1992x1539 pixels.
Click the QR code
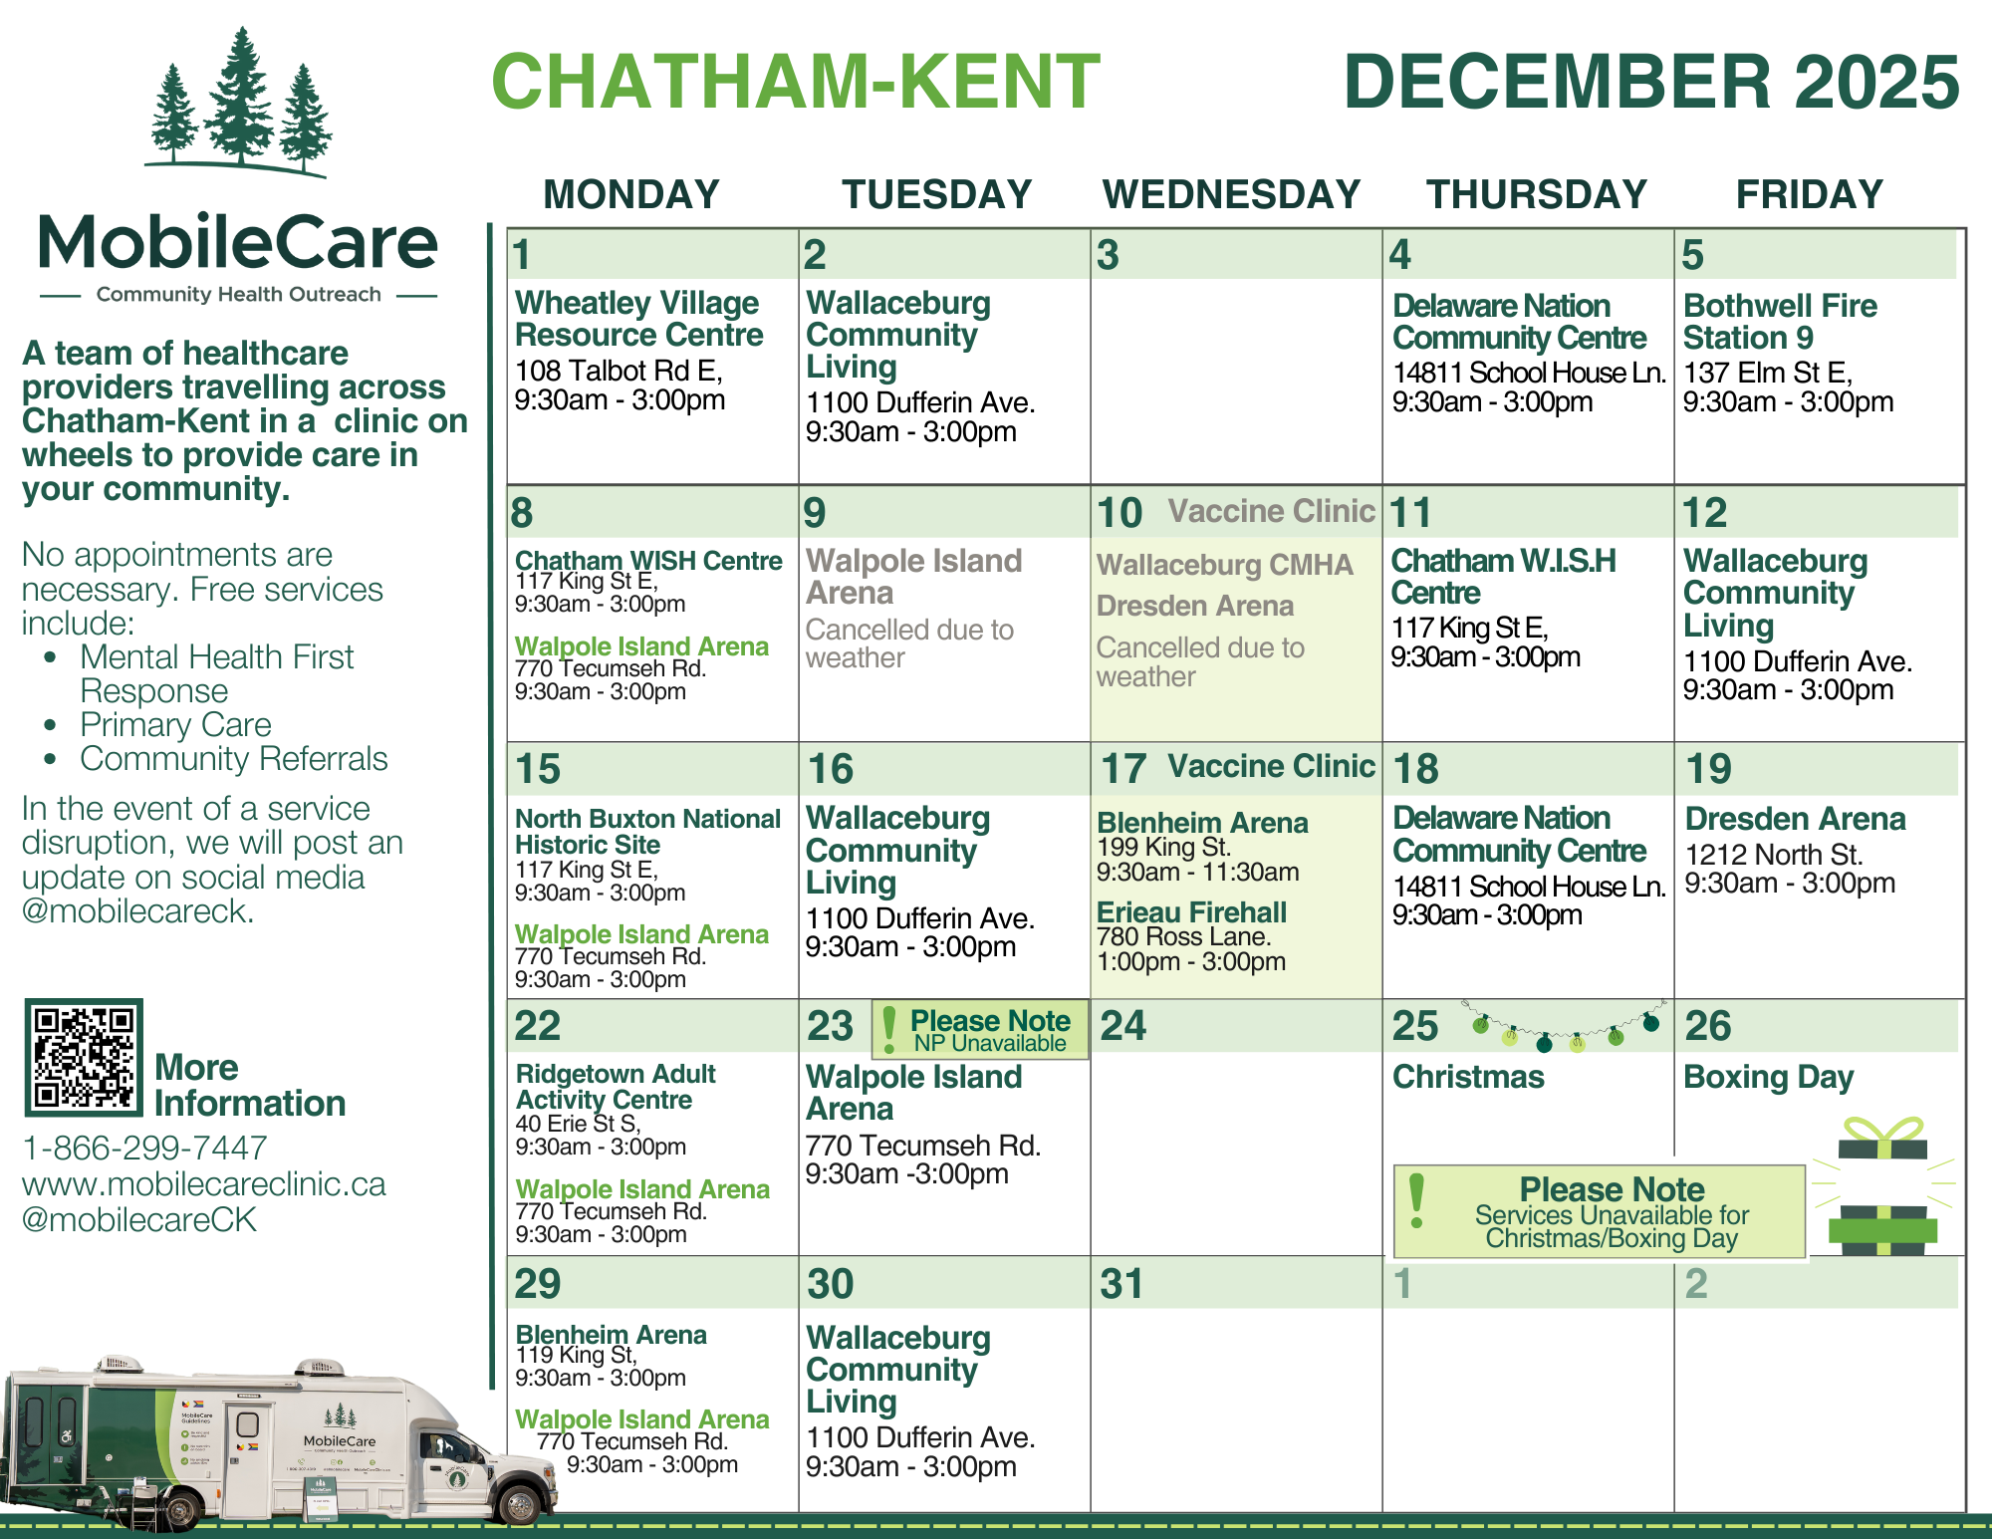coord(84,1058)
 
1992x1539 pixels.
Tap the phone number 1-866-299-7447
coord(144,1148)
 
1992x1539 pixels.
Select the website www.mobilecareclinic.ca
coord(203,1183)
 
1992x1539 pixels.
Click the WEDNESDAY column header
coord(1231,194)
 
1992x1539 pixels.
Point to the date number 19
coord(1708,769)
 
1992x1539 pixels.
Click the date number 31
coord(1121,1284)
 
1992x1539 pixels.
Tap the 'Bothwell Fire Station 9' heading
coord(1780,321)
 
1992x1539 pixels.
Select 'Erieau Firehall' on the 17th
coord(1191,911)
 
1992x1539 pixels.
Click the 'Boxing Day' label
coord(1768,1077)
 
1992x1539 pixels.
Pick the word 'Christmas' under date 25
coord(1468,1077)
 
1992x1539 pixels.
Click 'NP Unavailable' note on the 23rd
coord(990,1043)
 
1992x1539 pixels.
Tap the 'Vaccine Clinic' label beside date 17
coord(1271,766)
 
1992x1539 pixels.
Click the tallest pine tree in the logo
coord(240,95)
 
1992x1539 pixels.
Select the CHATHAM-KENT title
coord(796,82)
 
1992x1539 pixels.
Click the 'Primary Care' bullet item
coord(175,724)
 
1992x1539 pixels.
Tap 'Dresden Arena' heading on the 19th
coord(1795,819)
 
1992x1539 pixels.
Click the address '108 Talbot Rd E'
coord(618,371)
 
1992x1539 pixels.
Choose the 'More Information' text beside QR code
coord(250,1085)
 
